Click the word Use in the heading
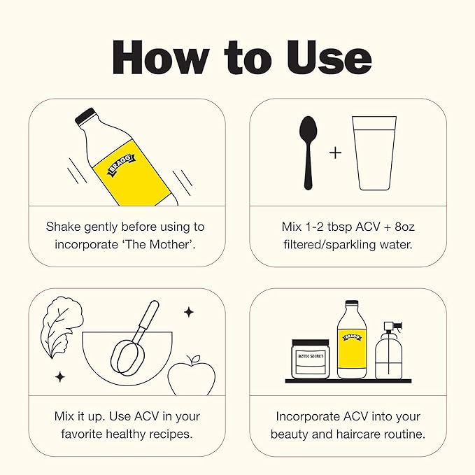pos(329,57)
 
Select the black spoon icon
pos(308,153)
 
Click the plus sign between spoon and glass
pos(335,153)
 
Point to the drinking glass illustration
pos(374,153)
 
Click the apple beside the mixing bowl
pos(192,376)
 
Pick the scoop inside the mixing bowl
pos(134,339)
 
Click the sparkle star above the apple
pos(189,312)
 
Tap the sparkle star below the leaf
pos(60,377)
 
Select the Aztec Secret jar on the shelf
pos(311,360)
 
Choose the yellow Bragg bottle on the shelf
pos(352,339)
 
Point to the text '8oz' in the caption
pos(404,227)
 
